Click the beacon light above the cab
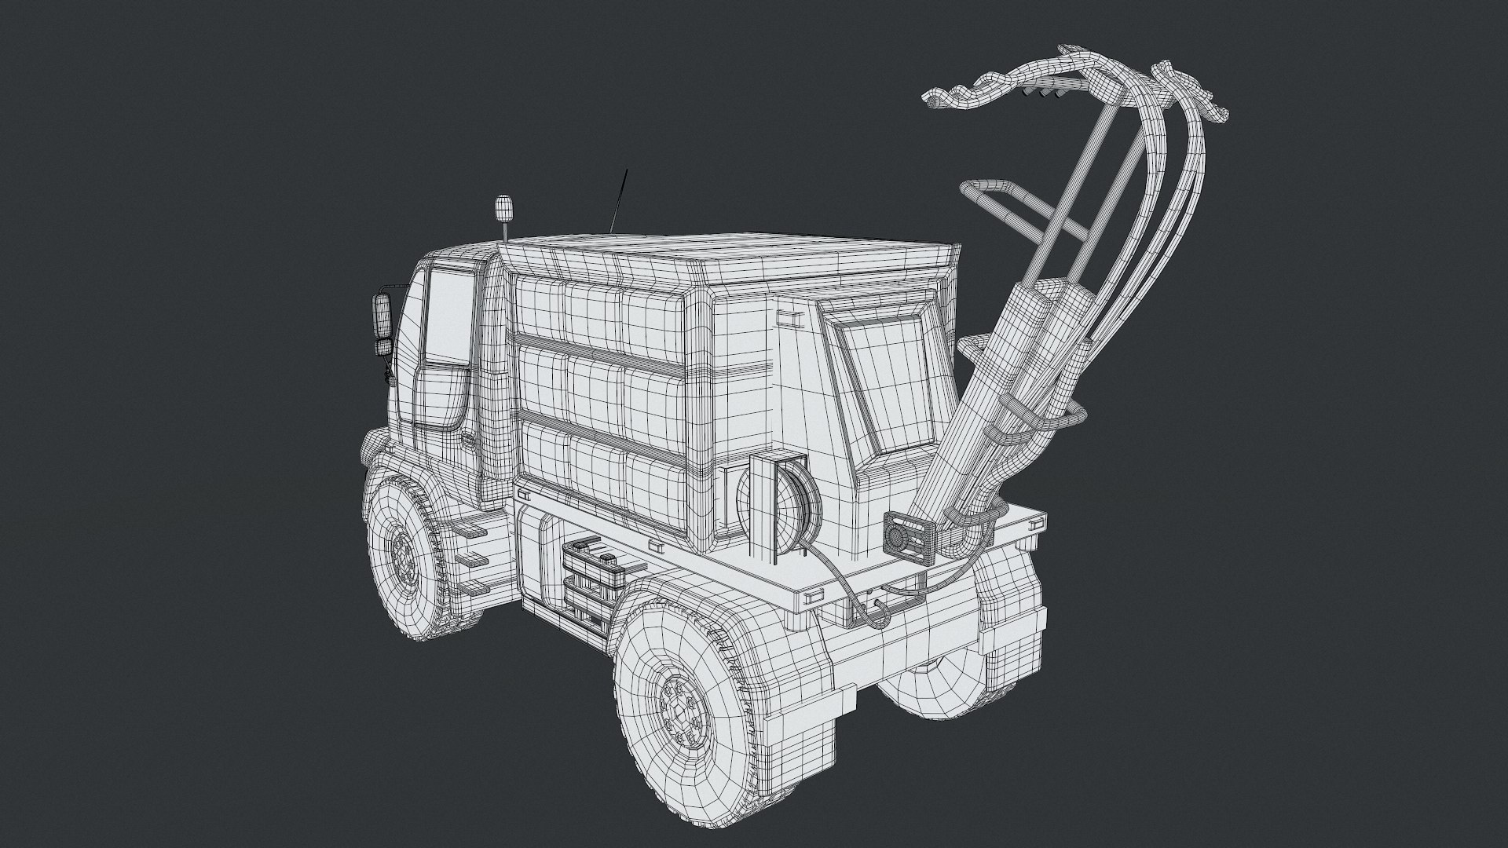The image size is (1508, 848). coord(503,209)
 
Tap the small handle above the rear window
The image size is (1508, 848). coord(789,317)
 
